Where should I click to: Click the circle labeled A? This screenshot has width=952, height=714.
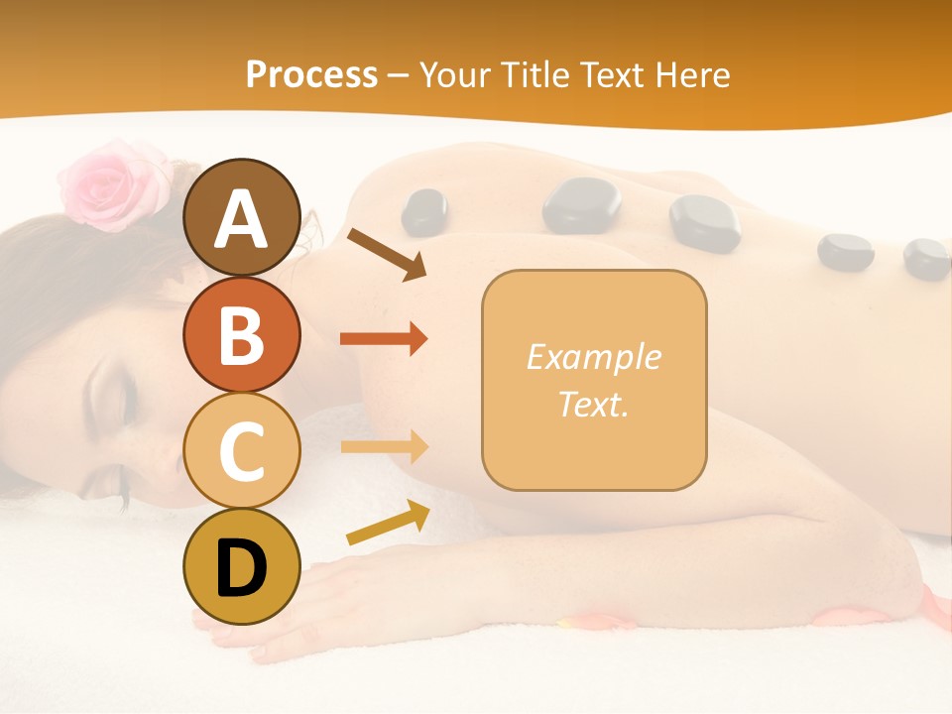tap(241, 217)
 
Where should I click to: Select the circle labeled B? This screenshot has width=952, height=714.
tap(241, 334)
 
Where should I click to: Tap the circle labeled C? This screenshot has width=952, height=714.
tap(241, 450)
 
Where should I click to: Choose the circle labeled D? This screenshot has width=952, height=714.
tap(241, 567)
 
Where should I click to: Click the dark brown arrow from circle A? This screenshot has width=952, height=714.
tap(387, 253)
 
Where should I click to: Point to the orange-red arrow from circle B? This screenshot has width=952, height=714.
tap(384, 339)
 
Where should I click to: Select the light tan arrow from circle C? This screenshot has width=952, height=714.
tap(384, 446)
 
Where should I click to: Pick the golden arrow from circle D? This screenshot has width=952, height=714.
tap(388, 522)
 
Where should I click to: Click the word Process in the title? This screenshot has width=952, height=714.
tap(311, 74)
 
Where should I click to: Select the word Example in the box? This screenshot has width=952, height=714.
tap(593, 357)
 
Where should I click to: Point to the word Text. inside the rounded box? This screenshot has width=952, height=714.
tap(593, 404)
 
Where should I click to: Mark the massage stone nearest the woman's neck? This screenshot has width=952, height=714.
tap(424, 211)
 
